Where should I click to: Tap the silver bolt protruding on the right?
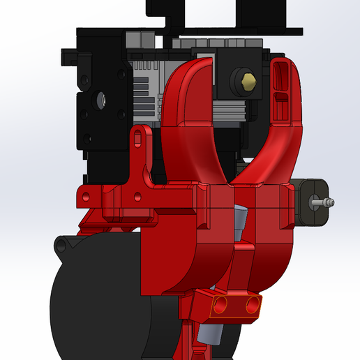(x=322, y=202)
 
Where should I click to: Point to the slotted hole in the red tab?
(x=137, y=142)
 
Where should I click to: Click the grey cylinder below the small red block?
(x=209, y=334)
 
